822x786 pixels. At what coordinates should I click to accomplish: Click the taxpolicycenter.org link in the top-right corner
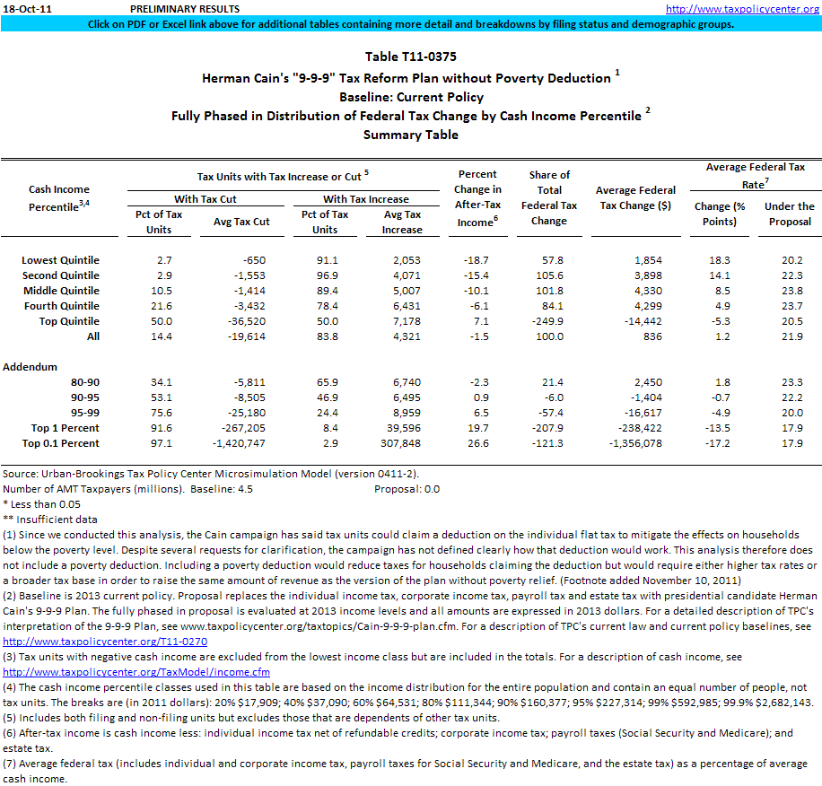coord(742,9)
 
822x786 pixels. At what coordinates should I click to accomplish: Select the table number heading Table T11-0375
coord(410,57)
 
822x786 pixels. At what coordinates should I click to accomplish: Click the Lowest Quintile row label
coord(61,260)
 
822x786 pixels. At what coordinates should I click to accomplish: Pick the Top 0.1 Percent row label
coord(62,443)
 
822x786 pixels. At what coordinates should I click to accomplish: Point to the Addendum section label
coord(31,367)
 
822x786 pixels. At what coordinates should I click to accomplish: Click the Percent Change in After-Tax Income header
coord(478,198)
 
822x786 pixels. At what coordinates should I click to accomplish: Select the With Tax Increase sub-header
coord(366,199)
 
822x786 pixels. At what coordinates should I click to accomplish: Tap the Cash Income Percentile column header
coord(59,198)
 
